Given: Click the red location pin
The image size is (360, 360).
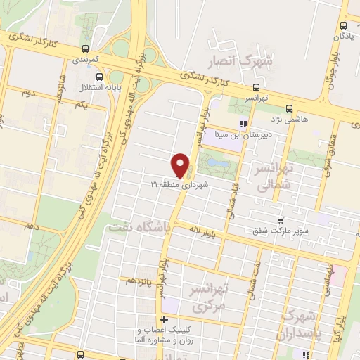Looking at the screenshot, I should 181,165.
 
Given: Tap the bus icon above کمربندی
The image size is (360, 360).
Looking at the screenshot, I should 84,49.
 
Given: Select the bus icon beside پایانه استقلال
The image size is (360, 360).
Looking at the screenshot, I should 99,77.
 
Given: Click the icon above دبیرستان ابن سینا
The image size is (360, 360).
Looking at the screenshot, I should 244,124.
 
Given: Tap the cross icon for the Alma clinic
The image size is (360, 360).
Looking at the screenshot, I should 163,321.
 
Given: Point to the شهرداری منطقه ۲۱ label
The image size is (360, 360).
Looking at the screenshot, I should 176,185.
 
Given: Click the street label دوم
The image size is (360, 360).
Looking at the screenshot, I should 28,92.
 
